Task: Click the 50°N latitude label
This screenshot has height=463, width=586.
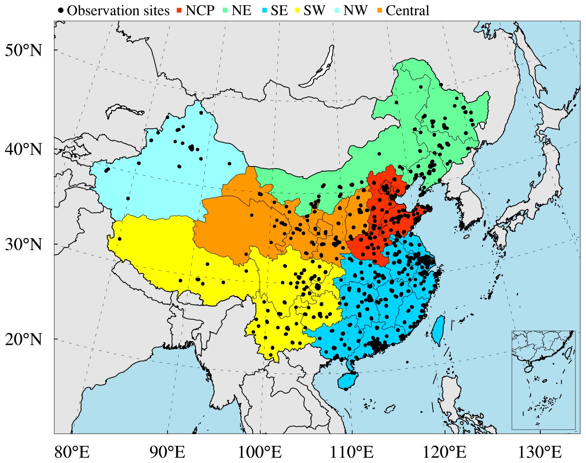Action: [23, 50]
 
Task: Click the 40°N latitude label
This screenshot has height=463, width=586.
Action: [23, 149]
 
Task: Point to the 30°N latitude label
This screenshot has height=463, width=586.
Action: [23, 245]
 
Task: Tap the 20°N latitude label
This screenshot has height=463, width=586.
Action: [23, 339]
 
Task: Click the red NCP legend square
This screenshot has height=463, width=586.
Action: [179, 11]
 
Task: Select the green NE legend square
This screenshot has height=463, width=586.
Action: [225, 11]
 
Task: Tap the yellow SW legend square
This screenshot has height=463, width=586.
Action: [298, 11]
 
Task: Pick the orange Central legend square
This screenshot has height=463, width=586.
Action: [380, 11]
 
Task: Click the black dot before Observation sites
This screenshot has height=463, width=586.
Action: [61, 11]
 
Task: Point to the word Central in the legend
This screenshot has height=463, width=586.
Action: [407, 11]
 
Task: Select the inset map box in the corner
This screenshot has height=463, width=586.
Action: [543, 380]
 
